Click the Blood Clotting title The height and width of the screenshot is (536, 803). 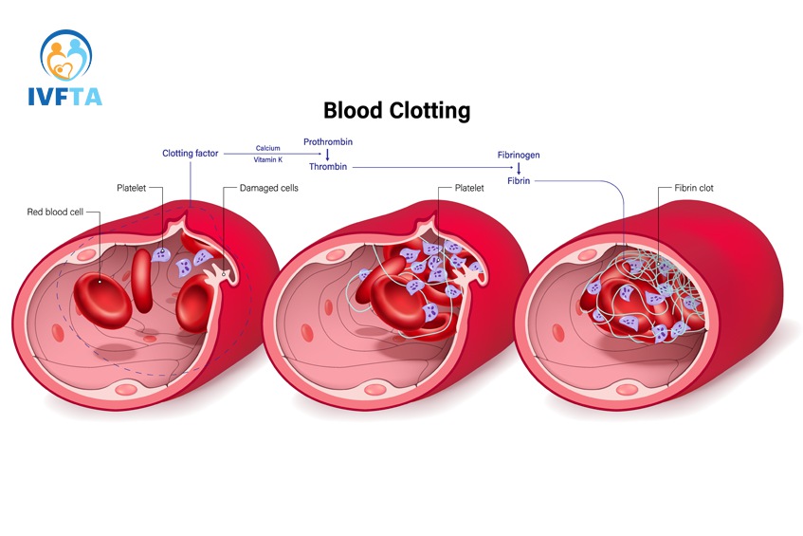396,110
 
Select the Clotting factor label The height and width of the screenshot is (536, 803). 190,153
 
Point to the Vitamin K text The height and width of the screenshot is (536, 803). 268,159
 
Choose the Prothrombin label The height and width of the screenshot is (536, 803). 327,141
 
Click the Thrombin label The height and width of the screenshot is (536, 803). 328,166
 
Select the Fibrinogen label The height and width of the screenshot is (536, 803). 519,154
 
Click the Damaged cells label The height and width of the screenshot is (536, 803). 268,188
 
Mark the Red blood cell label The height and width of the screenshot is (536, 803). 56,212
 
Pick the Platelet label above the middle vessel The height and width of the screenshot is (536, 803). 467,188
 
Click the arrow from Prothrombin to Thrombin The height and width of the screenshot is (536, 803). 327,154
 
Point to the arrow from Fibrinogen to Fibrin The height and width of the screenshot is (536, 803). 519,167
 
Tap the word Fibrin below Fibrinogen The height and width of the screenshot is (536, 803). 519,180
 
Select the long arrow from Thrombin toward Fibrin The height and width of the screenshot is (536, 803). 427,167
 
